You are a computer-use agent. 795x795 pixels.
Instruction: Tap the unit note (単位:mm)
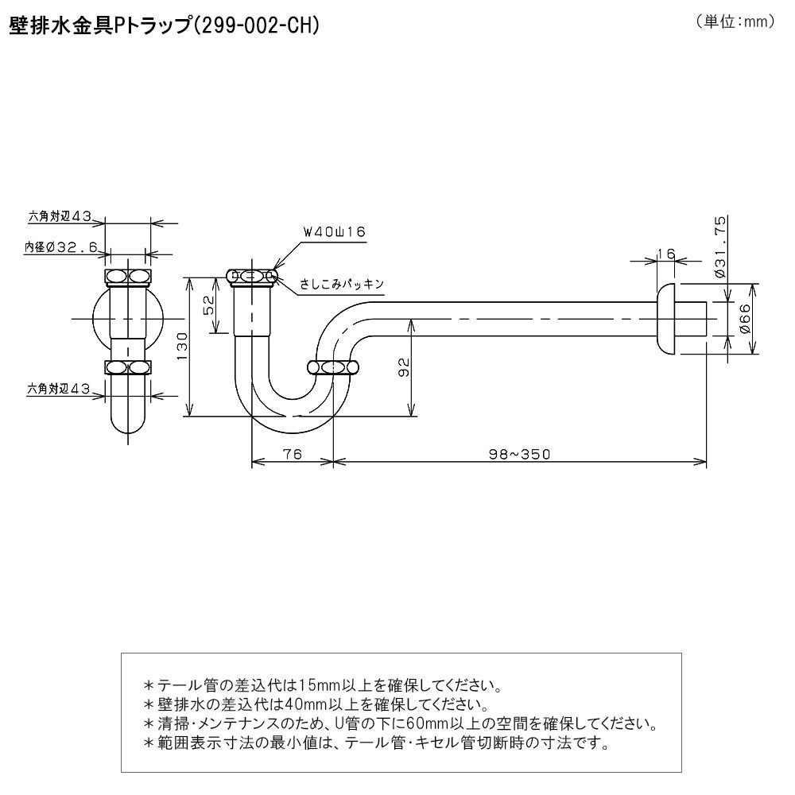pos(735,21)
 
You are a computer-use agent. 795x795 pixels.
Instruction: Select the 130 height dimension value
pos(182,346)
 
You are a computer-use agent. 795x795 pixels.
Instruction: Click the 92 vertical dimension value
pos(404,367)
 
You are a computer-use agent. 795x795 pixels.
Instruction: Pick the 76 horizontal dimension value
pos(293,454)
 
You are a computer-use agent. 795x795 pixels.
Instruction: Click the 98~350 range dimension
pos(520,454)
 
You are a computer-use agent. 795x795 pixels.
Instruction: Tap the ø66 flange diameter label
pos(744,319)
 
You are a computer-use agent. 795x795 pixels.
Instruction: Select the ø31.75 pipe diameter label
pos(721,246)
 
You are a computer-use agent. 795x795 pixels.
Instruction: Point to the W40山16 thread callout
pos(334,231)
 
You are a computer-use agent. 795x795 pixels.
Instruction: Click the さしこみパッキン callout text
pos(342,284)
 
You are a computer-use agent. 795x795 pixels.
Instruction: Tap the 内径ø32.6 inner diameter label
pos(61,247)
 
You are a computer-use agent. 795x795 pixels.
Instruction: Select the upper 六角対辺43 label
pos(60,216)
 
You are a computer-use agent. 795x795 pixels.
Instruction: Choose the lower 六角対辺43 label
pos(59,389)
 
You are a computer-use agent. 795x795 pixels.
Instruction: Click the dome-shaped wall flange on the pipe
pos(665,319)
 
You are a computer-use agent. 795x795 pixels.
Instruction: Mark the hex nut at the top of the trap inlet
pos(251,277)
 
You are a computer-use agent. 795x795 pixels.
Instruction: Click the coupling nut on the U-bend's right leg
pos(334,367)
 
